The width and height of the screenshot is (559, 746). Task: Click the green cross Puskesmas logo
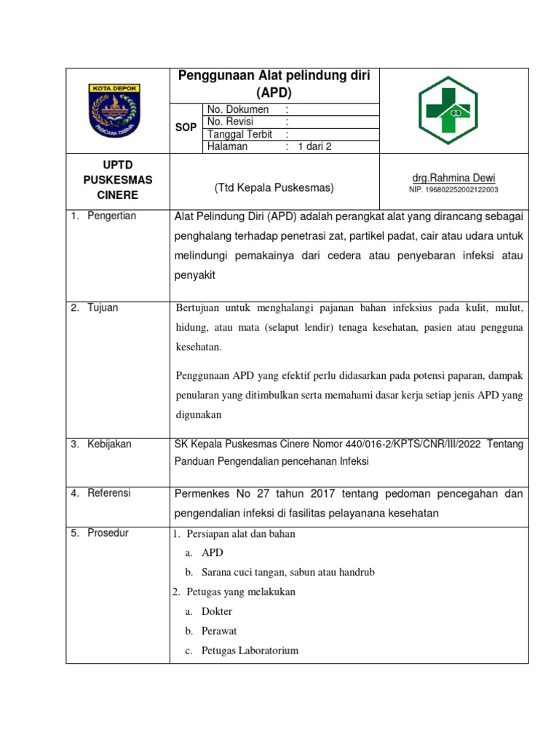click(447, 110)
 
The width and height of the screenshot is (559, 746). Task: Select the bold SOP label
click(186, 127)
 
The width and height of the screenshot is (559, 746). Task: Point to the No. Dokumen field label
click(238, 109)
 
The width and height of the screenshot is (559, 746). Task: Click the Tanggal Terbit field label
click(239, 134)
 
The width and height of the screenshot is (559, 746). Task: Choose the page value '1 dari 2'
click(314, 146)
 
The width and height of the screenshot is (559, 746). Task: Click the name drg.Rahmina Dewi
click(453, 178)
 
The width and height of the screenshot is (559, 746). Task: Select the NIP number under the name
click(453, 190)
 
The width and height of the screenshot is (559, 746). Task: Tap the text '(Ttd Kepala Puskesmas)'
click(274, 188)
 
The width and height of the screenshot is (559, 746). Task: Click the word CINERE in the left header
click(117, 195)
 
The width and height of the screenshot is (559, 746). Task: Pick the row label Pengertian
click(111, 216)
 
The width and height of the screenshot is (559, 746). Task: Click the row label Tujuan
click(103, 308)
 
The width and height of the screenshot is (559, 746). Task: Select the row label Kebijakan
click(109, 444)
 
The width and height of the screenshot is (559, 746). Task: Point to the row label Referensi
click(109, 493)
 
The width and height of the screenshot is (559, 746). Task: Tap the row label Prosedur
click(108, 533)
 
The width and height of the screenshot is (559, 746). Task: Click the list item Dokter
click(217, 612)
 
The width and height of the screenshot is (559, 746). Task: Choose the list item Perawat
click(219, 632)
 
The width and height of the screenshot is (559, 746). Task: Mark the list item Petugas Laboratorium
click(250, 651)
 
